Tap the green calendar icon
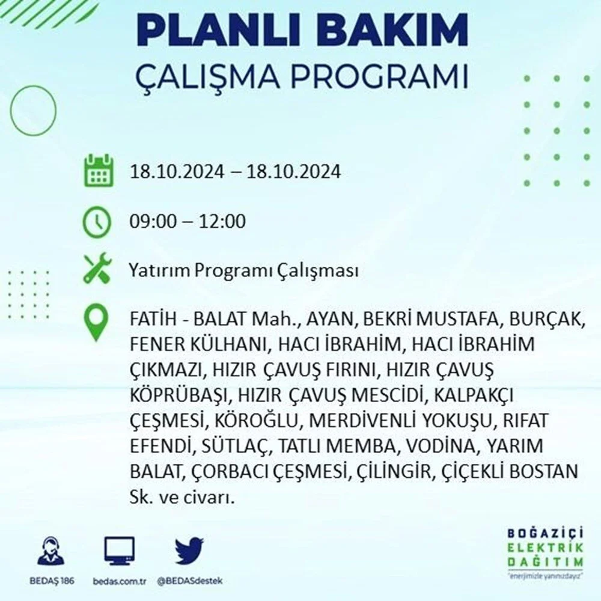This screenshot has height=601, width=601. [99, 170]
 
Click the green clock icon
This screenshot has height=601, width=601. [97, 222]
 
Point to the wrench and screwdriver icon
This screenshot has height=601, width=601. [97, 268]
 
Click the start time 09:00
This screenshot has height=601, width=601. [153, 222]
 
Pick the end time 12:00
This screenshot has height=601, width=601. [222, 222]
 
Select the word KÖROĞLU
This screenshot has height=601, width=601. [256, 421]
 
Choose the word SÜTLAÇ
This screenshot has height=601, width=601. [234, 446]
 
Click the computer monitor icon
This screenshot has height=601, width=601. [119, 552]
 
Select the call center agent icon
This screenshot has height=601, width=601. [51, 551]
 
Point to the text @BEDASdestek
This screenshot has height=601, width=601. [190, 581]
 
